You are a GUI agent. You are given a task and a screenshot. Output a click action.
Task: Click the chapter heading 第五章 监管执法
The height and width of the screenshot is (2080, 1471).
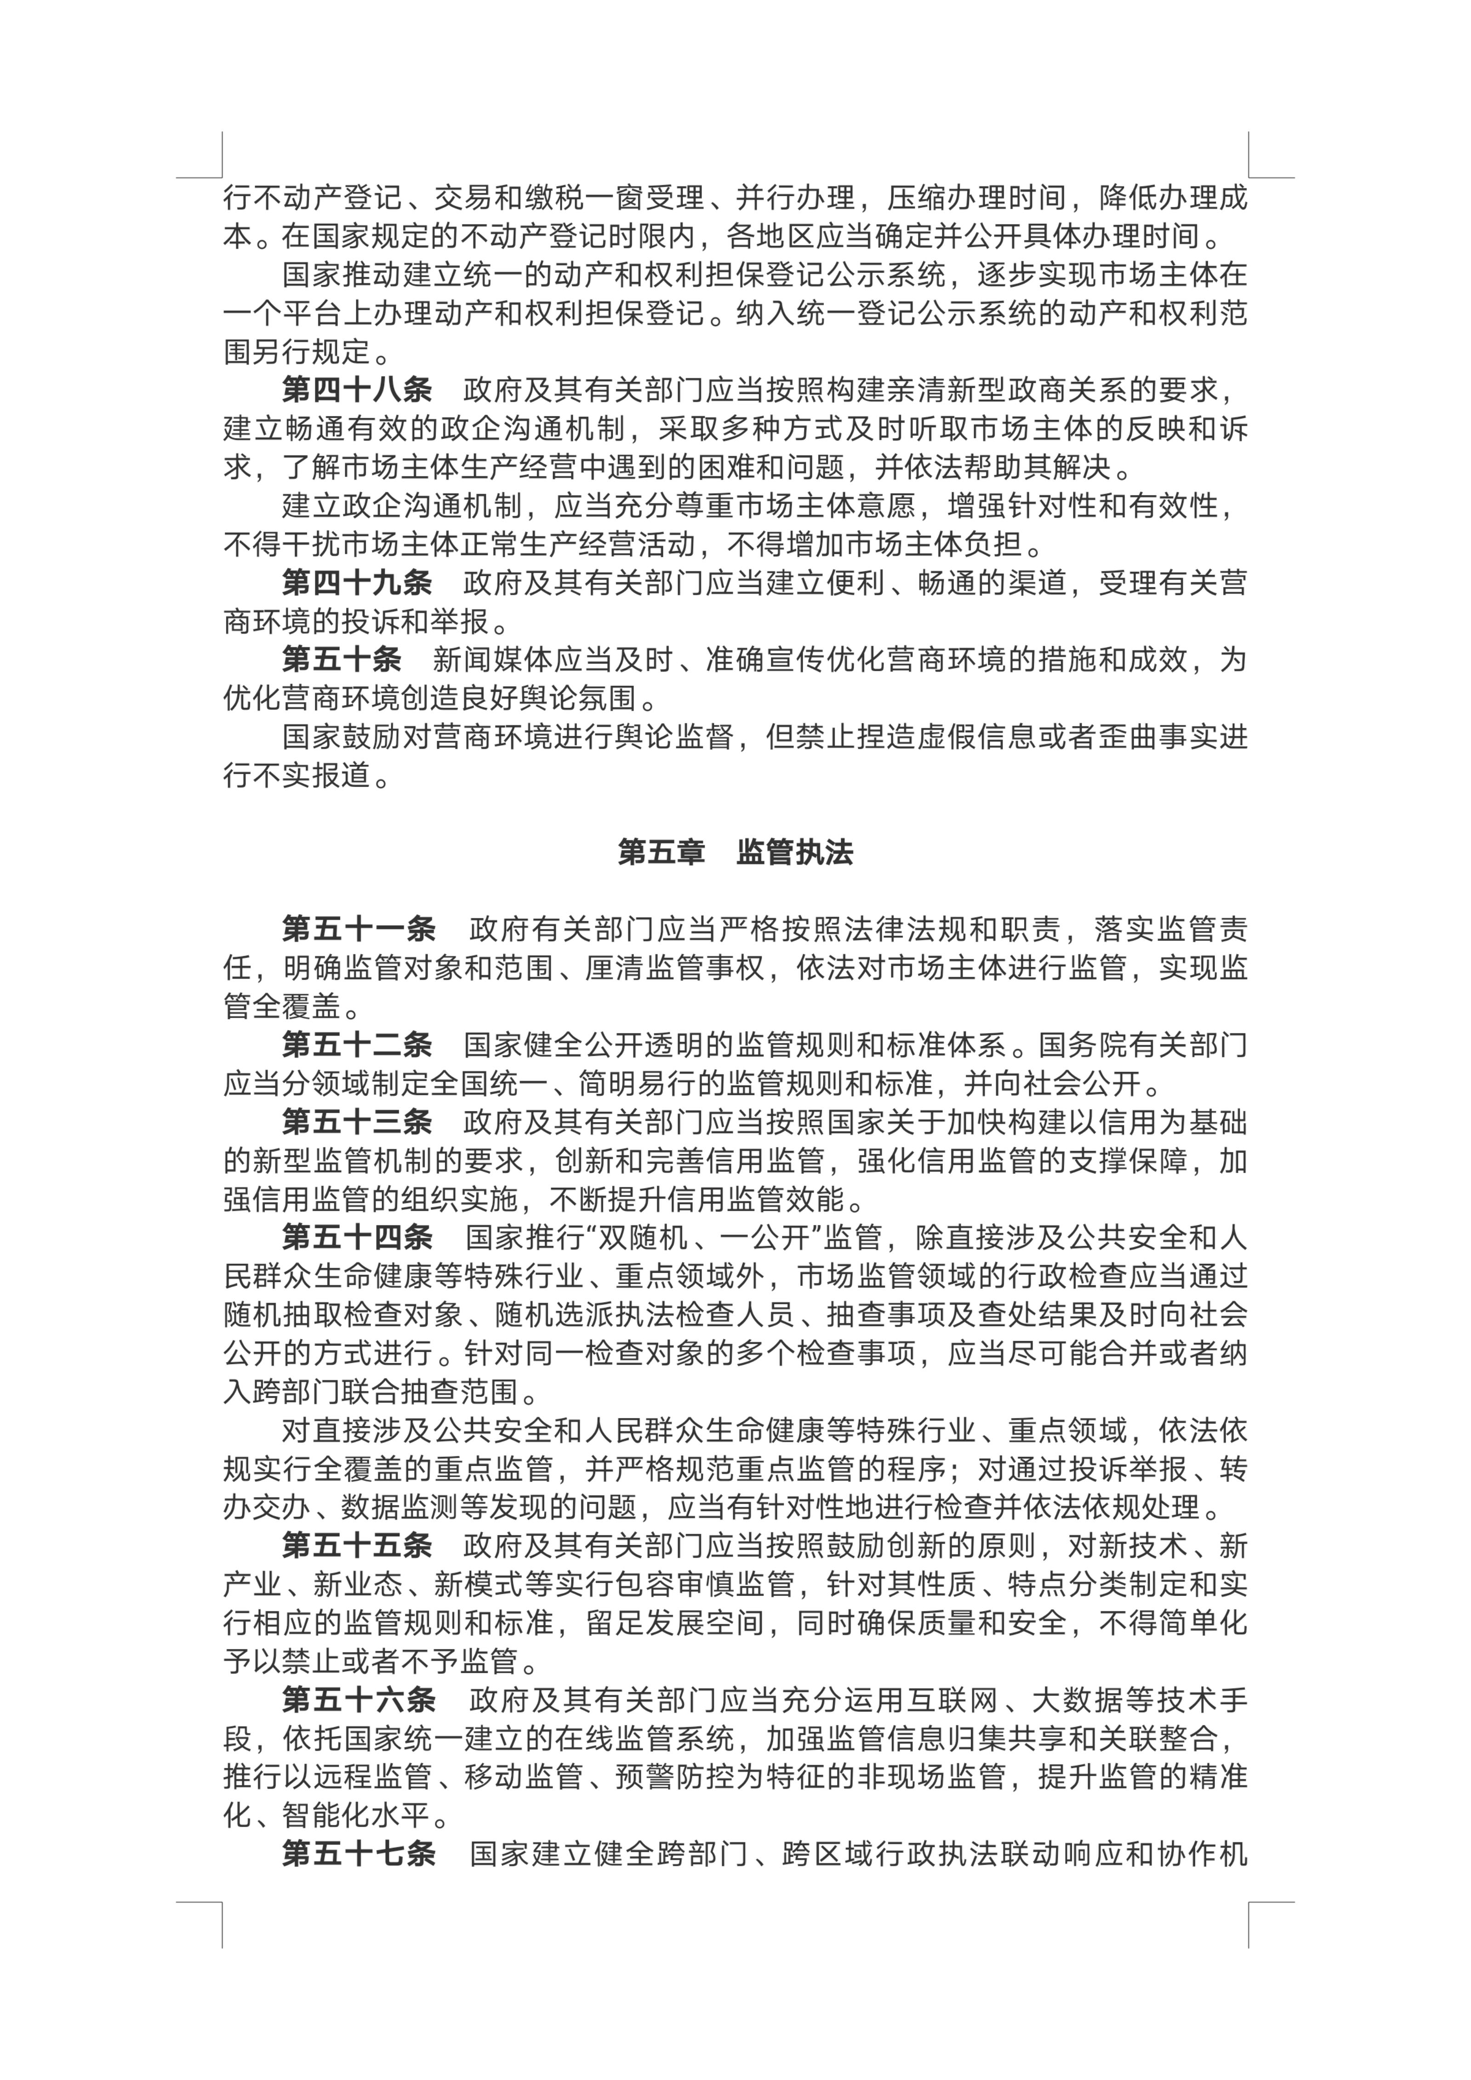click(x=735, y=853)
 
